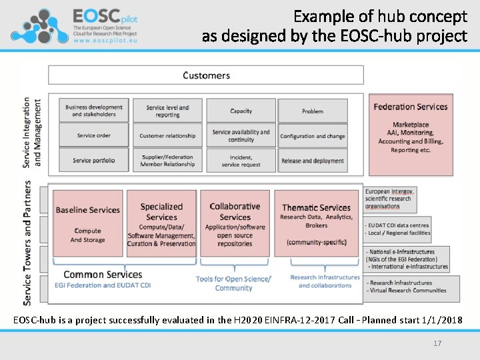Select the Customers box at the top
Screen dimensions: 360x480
tap(206, 75)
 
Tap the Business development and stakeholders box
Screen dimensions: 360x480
tap(94, 111)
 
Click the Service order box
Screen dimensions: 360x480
tap(94, 135)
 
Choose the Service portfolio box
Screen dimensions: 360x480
tap(94, 160)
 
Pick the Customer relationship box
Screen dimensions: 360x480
tap(167, 135)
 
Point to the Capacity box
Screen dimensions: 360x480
tap(241, 111)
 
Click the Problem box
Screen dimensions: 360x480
tap(313, 111)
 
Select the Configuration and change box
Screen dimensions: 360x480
tap(313, 135)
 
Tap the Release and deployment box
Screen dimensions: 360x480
tap(313, 160)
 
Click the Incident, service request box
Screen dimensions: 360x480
tap(241, 160)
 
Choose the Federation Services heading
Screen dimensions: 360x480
tap(410, 107)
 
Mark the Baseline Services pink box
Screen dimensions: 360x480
tap(88, 223)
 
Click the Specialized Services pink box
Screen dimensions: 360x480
tap(161, 223)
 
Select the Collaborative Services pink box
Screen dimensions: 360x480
tap(235, 223)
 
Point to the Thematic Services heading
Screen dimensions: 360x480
tap(316, 208)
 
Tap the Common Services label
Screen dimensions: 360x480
tap(103, 274)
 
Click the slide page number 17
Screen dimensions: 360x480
tap(437, 343)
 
